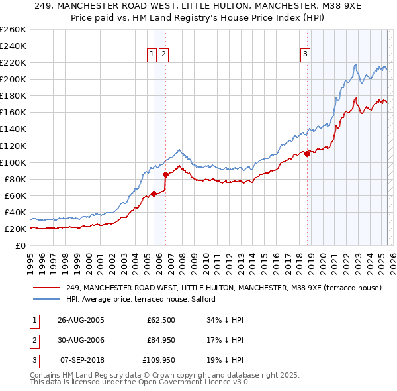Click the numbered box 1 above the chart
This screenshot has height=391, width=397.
point(152,54)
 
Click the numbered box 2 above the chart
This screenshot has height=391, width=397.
point(163,54)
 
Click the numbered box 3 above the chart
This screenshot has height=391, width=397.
point(306,54)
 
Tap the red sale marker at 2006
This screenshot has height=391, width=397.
point(165,175)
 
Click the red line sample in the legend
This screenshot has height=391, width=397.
point(46,288)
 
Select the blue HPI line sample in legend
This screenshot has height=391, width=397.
point(46,299)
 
